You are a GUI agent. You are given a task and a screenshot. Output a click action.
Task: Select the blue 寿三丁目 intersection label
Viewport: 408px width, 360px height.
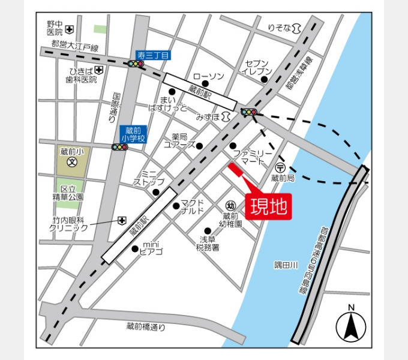(x=154, y=55)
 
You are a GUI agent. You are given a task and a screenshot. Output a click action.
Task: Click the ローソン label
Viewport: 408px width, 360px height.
(x=208, y=76)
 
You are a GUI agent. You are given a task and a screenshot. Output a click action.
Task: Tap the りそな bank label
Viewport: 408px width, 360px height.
(x=280, y=28)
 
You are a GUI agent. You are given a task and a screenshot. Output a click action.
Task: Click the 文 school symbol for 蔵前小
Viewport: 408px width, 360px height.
(x=71, y=161)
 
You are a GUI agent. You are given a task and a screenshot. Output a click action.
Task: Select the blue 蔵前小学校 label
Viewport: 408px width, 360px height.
(x=133, y=134)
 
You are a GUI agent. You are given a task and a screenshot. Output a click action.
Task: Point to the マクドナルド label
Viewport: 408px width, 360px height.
(x=192, y=206)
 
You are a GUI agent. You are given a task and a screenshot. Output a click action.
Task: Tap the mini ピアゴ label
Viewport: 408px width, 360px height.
(x=151, y=249)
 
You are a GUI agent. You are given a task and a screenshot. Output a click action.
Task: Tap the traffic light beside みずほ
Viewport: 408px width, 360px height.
(x=248, y=112)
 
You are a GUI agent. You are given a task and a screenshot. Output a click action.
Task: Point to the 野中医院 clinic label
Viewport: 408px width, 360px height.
(x=55, y=28)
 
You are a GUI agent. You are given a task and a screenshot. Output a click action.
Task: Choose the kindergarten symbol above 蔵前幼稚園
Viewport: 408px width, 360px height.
(x=230, y=205)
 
